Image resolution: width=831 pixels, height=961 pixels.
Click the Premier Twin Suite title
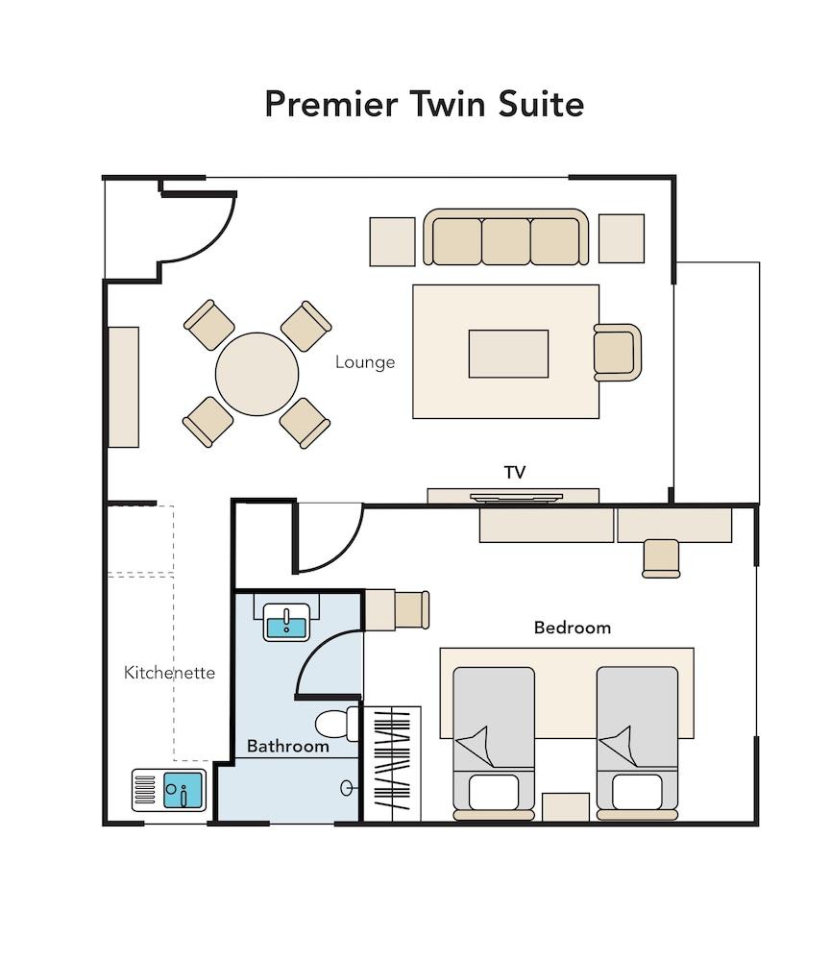pos(424,104)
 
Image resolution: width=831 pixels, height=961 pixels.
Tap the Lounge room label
pos(365,362)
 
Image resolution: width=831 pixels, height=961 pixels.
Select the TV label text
pos(515,472)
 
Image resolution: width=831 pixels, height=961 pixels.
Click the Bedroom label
pos(573,628)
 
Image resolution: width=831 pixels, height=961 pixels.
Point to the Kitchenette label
pos(169,672)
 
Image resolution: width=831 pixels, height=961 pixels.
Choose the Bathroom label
pos(287,746)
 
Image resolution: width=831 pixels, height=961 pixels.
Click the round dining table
pos(257,374)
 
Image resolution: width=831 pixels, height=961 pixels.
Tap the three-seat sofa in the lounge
pos(505,238)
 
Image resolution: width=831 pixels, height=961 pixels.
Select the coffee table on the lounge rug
pos(508,354)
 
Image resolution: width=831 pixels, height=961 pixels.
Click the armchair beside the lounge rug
pos(616,352)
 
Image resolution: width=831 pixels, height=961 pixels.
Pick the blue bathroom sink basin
pos(285,627)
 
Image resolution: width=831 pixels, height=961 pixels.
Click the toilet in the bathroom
pos(335,724)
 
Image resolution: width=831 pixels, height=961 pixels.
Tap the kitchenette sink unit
pos(169,791)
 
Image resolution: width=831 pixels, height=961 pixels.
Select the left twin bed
pos(493,740)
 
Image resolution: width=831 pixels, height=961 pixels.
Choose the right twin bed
pos(637,740)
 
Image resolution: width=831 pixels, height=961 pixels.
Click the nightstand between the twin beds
pos(566,807)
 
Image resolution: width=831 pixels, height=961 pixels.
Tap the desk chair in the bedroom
pos(661,557)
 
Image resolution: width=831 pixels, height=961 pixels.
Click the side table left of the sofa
pos(392,241)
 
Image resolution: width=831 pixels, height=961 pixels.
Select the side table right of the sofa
pos(622,238)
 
